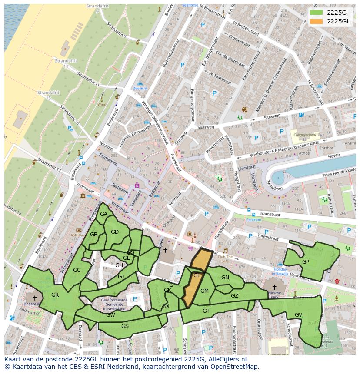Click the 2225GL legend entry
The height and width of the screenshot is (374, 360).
337,21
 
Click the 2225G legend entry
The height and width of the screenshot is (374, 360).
336,12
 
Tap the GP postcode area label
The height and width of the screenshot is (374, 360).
305,262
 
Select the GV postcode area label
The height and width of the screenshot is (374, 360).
298,315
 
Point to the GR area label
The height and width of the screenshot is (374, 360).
55,295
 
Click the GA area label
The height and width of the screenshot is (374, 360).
103,214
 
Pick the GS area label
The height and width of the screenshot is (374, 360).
125,326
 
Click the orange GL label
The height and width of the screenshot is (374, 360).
197,275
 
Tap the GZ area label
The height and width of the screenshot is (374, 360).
234,296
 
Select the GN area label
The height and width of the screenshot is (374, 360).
225,278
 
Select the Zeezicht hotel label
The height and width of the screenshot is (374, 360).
140,88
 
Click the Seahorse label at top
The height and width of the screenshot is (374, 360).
190,5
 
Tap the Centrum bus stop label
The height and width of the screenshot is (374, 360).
253,220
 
